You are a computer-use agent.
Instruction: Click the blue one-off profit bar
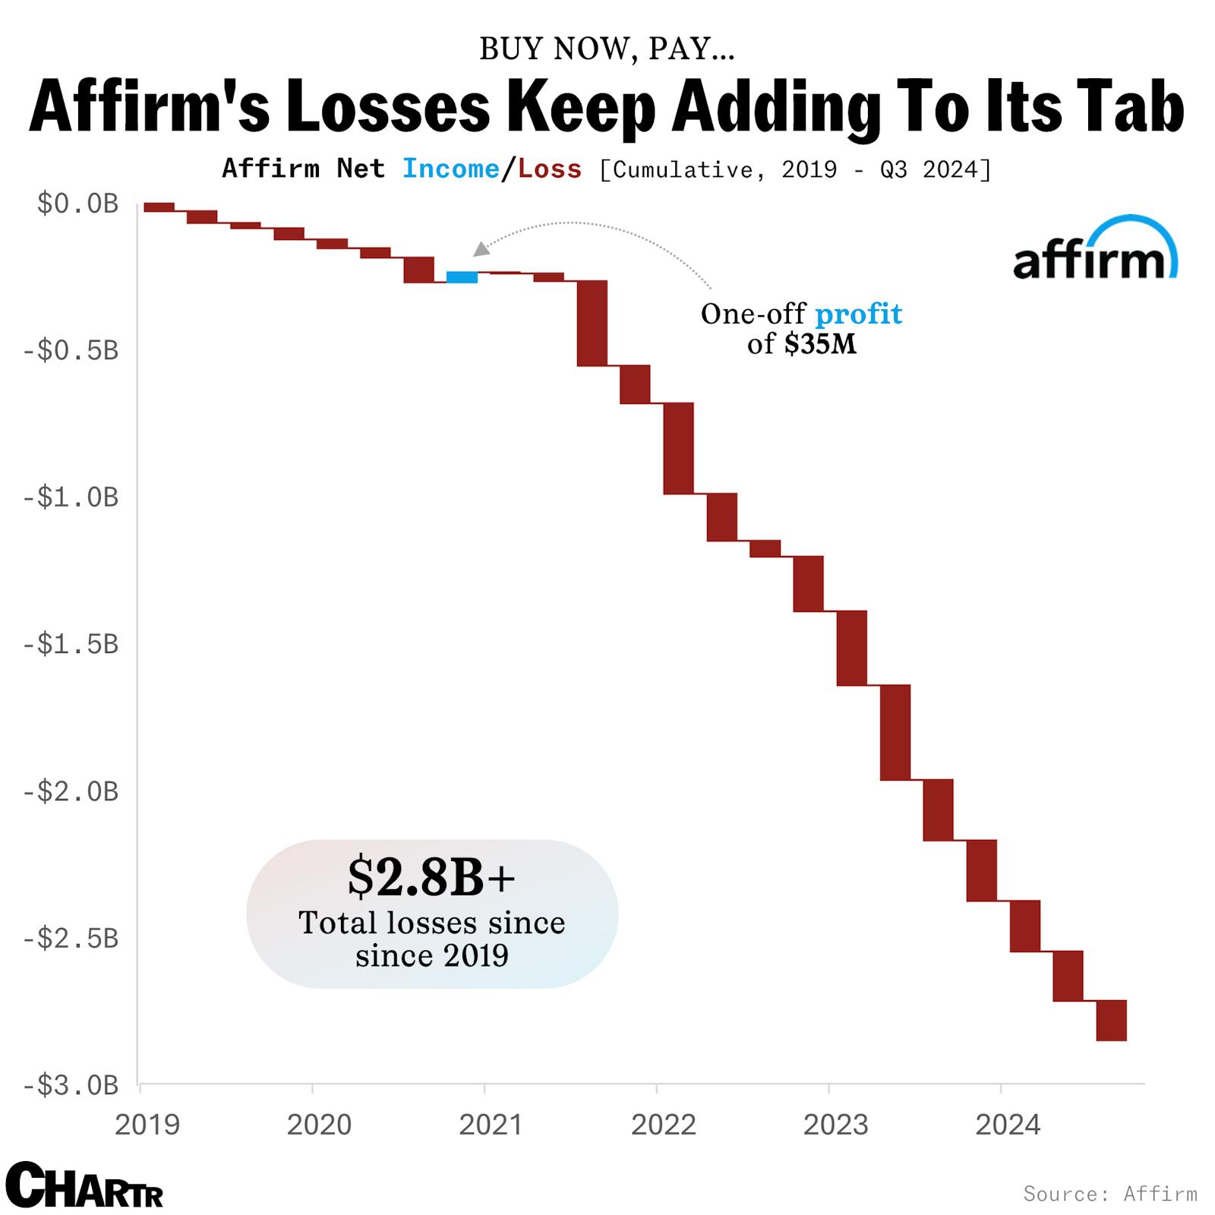pyautogui.click(x=462, y=277)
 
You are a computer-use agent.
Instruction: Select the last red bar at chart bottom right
pyautogui.click(x=1111, y=1021)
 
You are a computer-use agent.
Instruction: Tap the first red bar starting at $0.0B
pyautogui.click(x=159, y=207)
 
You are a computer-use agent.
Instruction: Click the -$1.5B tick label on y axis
pyautogui.click(x=71, y=644)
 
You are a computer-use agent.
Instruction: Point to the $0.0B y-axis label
pyautogui.click(x=77, y=204)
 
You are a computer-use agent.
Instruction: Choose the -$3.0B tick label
pyautogui.click(x=71, y=1085)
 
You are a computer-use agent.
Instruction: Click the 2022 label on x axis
pyautogui.click(x=663, y=1125)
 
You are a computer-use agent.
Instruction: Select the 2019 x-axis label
pyautogui.click(x=147, y=1125)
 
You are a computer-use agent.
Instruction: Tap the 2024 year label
pyautogui.click(x=1008, y=1125)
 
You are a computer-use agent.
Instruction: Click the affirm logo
pyautogui.click(x=1094, y=251)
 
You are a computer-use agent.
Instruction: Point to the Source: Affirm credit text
pyautogui.click(x=1109, y=1193)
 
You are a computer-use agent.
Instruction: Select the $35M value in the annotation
pyautogui.click(x=820, y=345)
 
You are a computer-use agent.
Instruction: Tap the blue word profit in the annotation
pyautogui.click(x=858, y=314)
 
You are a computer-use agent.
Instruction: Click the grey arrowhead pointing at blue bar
pyautogui.click(x=481, y=249)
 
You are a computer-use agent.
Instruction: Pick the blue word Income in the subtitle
pyautogui.click(x=450, y=169)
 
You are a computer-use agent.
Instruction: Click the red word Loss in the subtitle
pyautogui.click(x=550, y=169)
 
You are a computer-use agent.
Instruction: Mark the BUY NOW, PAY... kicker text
pyautogui.click(x=607, y=49)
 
